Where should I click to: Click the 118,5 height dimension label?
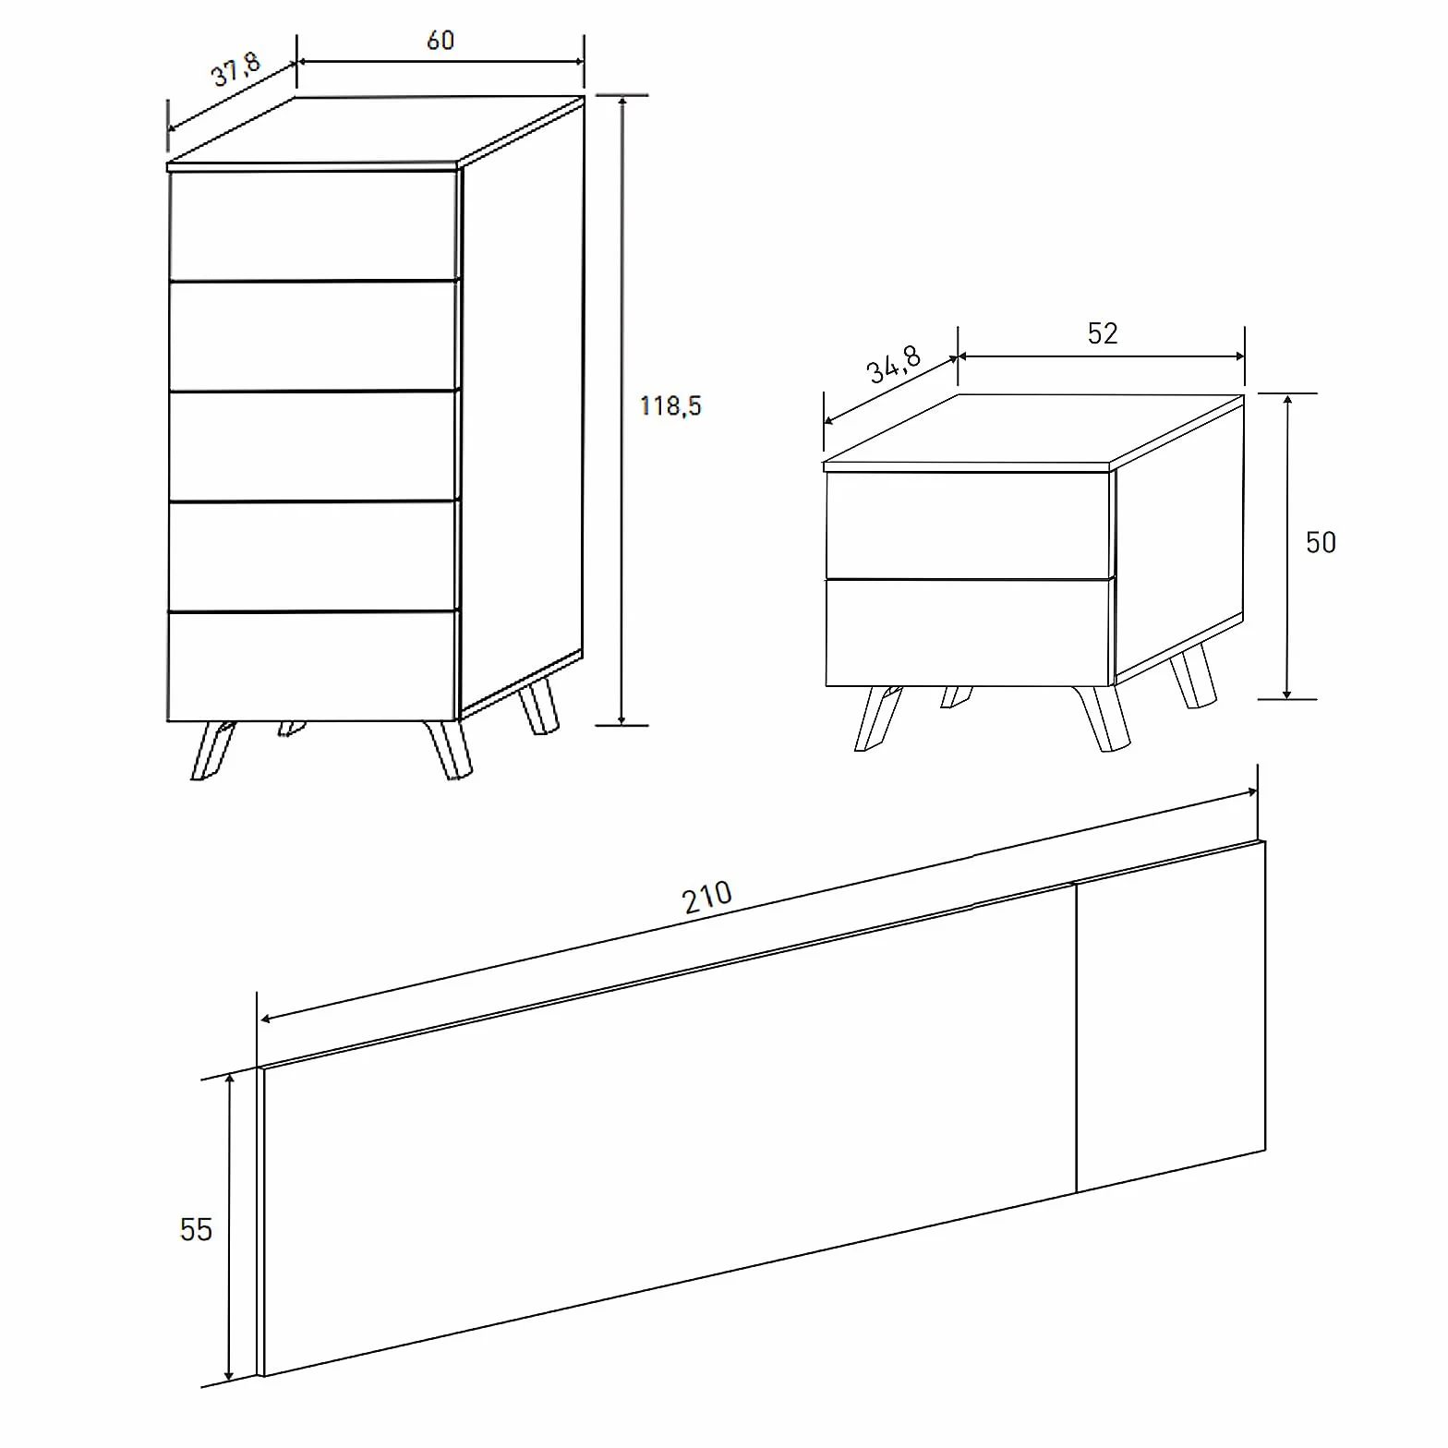[x=670, y=405]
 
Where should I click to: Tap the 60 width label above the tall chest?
[x=440, y=41]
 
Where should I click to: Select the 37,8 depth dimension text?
[x=237, y=69]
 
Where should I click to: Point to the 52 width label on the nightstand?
[x=1103, y=333]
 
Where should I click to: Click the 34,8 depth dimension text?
[x=894, y=364]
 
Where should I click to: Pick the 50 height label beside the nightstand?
[x=1321, y=542]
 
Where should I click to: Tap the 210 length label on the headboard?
[x=707, y=897]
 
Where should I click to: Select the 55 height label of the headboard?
[x=196, y=1229]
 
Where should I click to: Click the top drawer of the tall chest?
[x=314, y=225]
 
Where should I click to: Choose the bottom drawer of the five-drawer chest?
[x=313, y=666]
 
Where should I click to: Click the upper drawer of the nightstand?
[x=968, y=525]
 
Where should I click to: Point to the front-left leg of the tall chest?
[x=212, y=751]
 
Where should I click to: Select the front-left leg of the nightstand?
[x=877, y=718]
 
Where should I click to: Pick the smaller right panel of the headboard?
[x=1171, y=1017]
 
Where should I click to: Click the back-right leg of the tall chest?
[x=538, y=707]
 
